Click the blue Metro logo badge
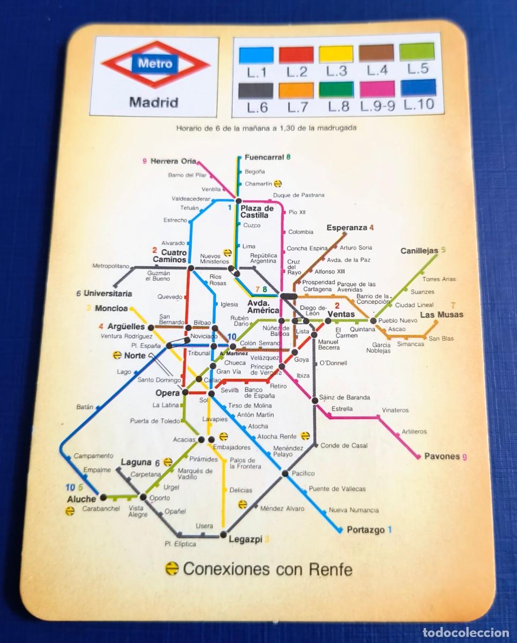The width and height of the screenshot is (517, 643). pyautogui.click(x=155, y=64)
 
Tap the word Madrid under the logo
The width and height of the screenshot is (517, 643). pyautogui.click(x=154, y=102)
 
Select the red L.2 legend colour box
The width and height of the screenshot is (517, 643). pyautogui.click(x=296, y=55)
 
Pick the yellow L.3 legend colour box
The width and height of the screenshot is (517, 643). pyautogui.click(x=336, y=55)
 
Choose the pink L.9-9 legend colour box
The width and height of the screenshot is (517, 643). pyautogui.click(x=377, y=88)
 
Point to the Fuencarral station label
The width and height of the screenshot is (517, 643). pyautogui.click(x=264, y=158)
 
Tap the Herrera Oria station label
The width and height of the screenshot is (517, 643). pyautogui.click(x=173, y=161)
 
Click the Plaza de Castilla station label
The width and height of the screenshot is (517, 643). pyautogui.click(x=257, y=212)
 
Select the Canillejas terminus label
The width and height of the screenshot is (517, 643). pyautogui.click(x=419, y=251)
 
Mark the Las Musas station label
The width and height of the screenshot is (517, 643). pyautogui.click(x=441, y=315)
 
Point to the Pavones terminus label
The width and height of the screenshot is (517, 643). pyautogui.click(x=442, y=457)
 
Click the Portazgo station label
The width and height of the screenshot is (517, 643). pyautogui.click(x=365, y=530)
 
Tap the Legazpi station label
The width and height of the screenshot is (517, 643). pyautogui.click(x=245, y=539)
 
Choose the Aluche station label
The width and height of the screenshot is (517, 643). pyautogui.click(x=81, y=499)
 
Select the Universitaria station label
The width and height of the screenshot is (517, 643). pyautogui.click(x=107, y=294)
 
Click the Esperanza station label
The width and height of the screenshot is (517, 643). pyautogui.click(x=347, y=228)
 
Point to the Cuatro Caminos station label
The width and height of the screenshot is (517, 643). pyautogui.click(x=170, y=256)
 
